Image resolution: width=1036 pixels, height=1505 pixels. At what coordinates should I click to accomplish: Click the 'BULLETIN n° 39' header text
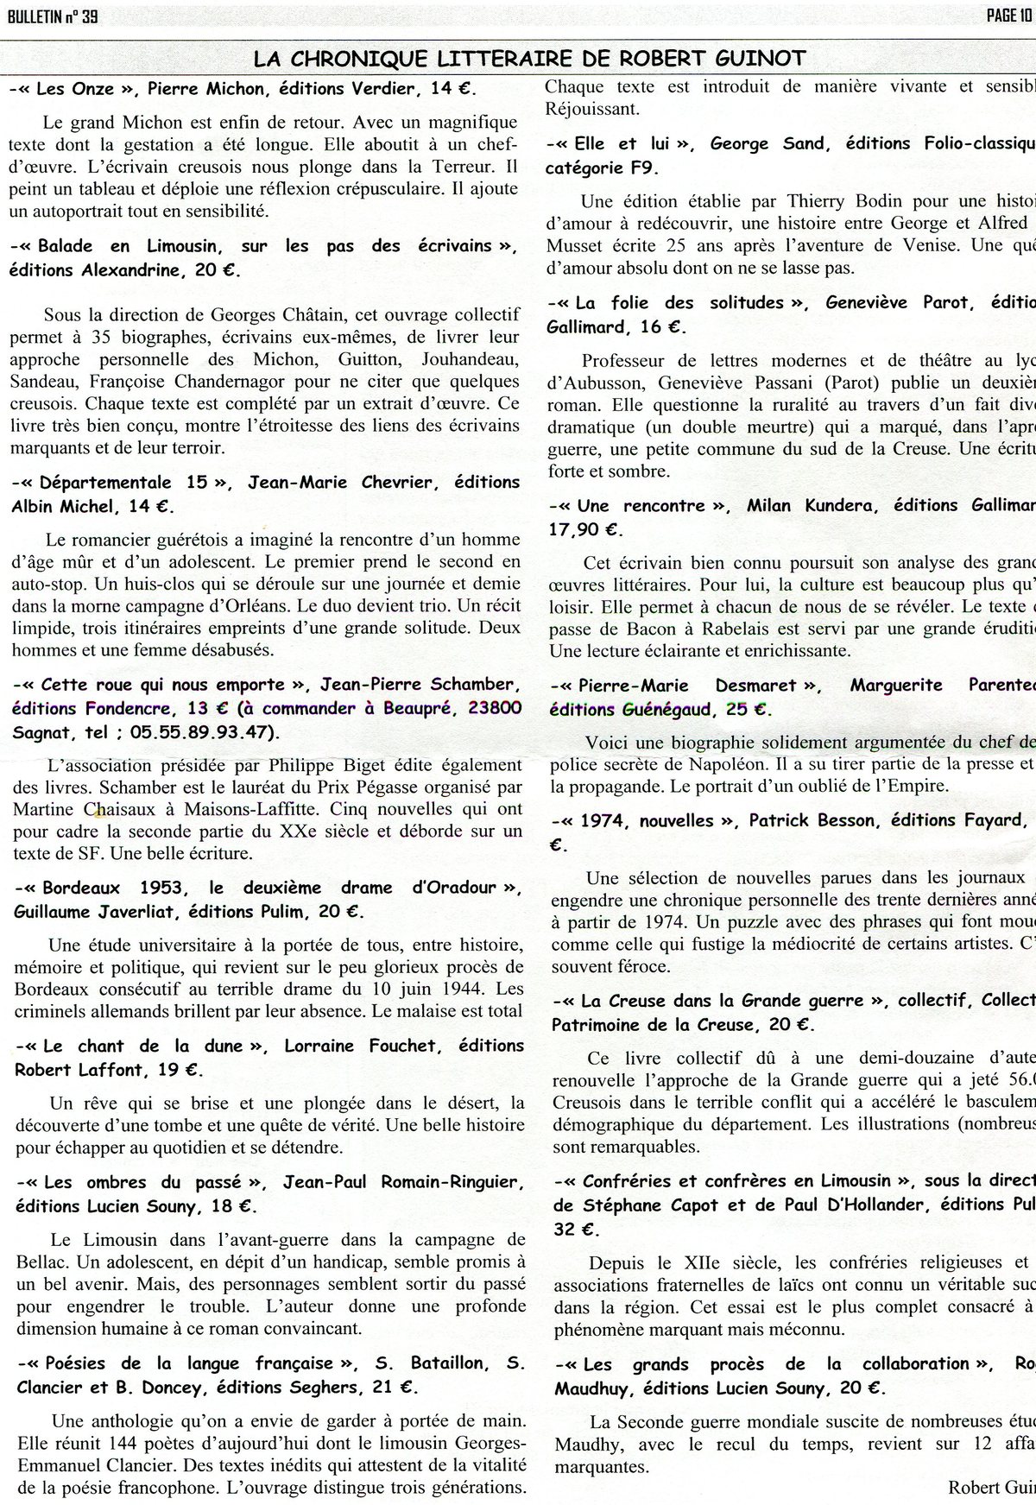pyautogui.click(x=50, y=16)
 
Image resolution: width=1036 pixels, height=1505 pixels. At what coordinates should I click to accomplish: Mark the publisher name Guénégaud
pyautogui.click(x=665, y=709)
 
